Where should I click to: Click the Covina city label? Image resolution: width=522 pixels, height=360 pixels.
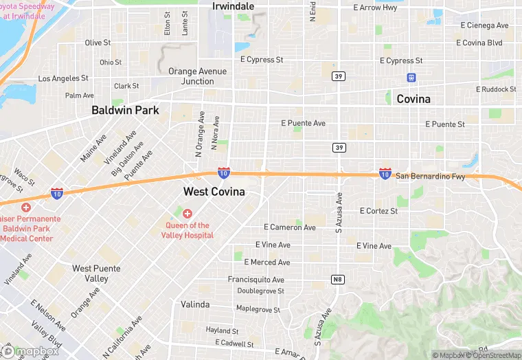click(x=413, y=99)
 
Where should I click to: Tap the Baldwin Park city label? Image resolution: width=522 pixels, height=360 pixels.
click(x=126, y=110)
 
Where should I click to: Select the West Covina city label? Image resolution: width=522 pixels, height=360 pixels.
click(x=214, y=192)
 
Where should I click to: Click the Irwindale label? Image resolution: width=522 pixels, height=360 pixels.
click(x=234, y=6)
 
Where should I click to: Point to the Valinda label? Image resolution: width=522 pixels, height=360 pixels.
click(x=195, y=304)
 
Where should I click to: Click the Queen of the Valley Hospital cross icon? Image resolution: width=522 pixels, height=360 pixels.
click(x=188, y=214)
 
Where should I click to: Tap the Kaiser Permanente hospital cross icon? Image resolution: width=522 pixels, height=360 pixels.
click(x=26, y=207)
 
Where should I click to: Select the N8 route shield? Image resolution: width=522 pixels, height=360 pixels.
click(x=337, y=279)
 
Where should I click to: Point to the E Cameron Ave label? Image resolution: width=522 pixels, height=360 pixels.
click(x=290, y=227)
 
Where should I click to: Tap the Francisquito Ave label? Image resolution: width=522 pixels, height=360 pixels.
click(x=256, y=280)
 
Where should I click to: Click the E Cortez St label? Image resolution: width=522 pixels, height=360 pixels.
click(x=379, y=211)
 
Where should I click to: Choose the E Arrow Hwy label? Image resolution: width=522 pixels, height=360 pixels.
click(x=375, y=8)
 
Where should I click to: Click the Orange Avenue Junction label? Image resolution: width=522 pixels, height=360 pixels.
click(x=197, y=76)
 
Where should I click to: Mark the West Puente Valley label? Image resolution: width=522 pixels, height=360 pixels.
click(x=97, y=273)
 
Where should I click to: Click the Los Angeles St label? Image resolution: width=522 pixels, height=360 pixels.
click(x=63, y=79)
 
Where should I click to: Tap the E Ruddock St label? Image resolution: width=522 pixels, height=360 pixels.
click(x=496, y=89)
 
